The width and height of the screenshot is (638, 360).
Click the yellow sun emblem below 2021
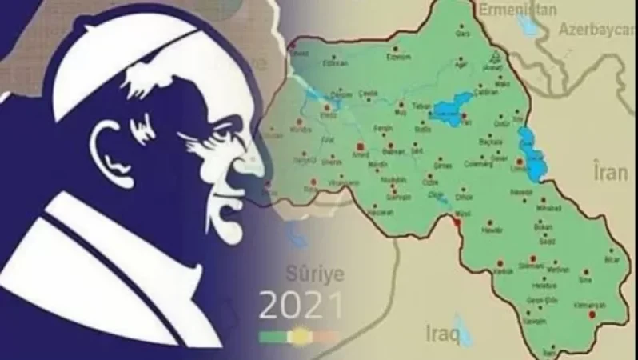coord(300,335)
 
